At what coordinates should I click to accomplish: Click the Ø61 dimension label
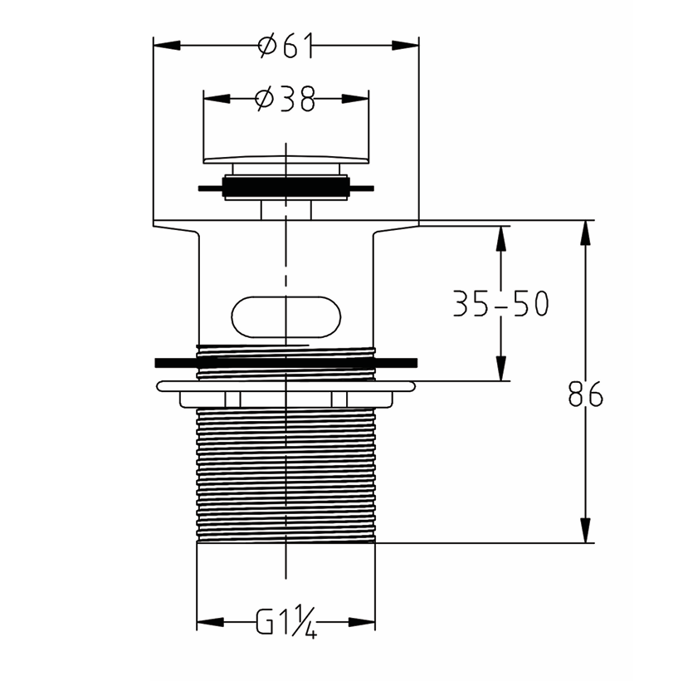pos(285,47)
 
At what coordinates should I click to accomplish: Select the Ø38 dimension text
pos(285,100)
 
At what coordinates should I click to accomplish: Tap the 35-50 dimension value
pos(500,304)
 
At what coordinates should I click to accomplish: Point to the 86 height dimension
pos(586,395)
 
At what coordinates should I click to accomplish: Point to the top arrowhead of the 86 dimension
pos(586,233)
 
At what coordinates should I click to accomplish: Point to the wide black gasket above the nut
pos(285,362)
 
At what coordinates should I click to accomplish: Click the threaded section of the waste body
pos(285,473)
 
